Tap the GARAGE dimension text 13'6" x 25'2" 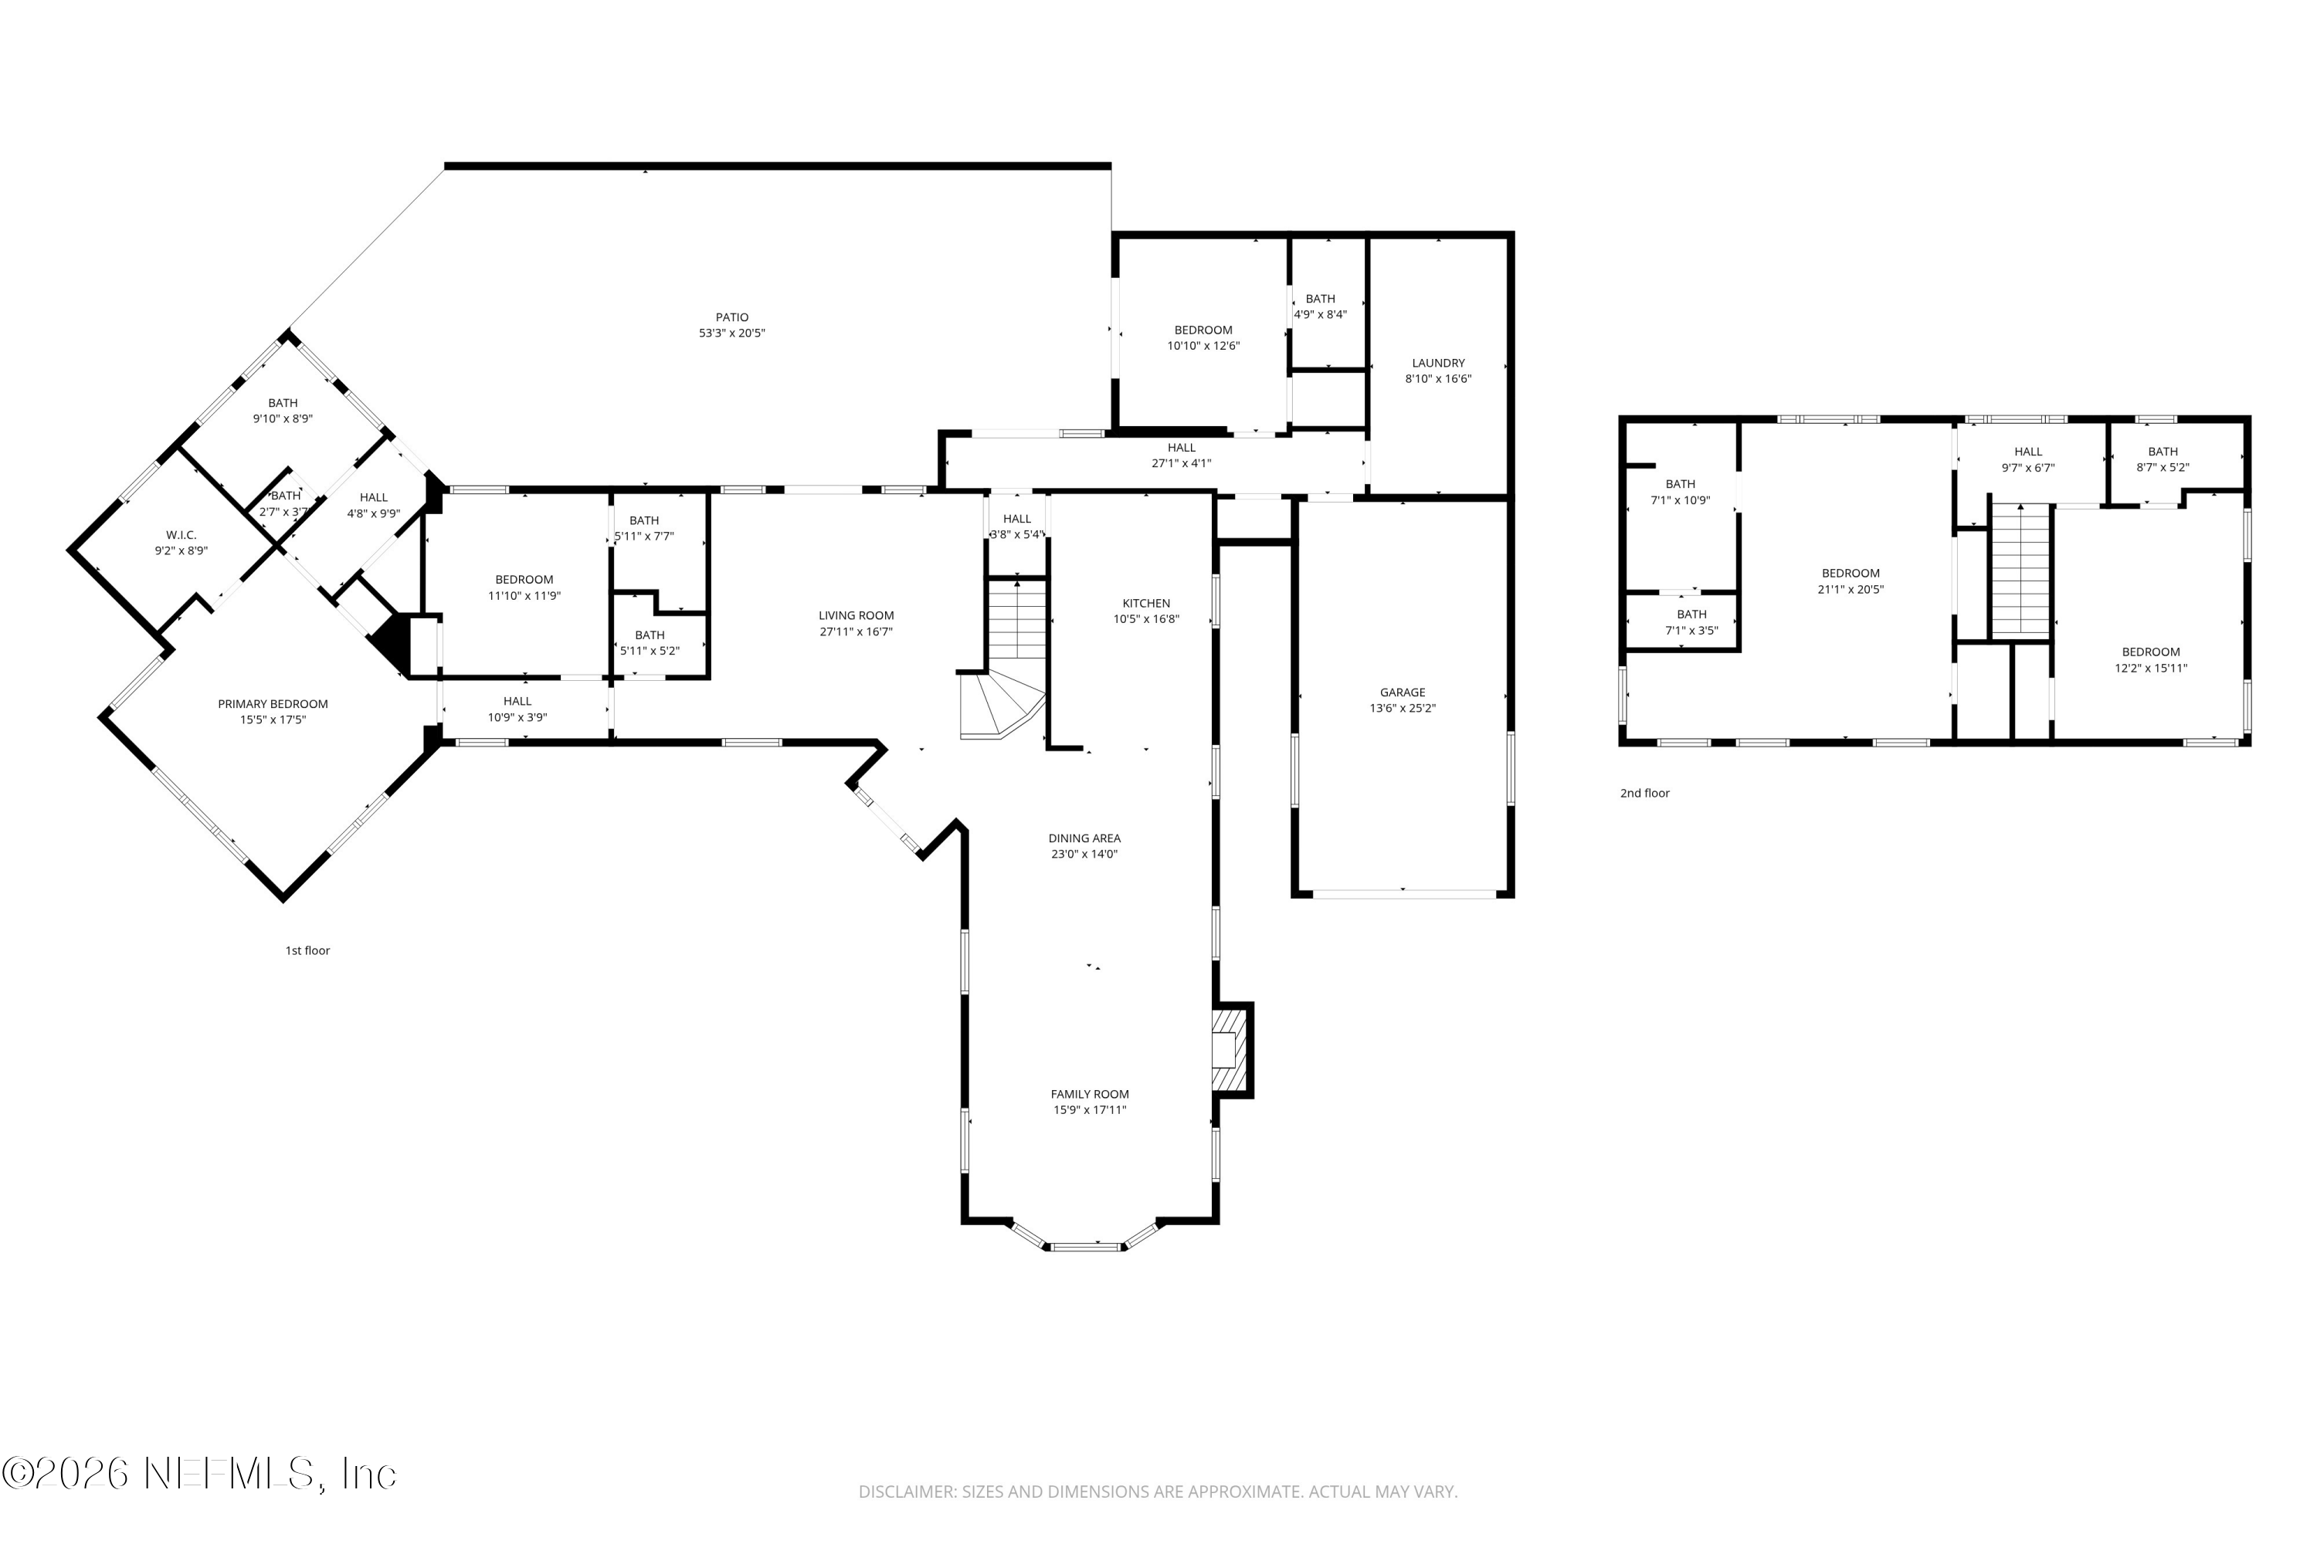pos(1402,708)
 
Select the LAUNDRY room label pos(1437,362)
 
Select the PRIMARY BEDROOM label pos(273,704)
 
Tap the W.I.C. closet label pos(181,535)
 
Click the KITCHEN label pos(1145,603)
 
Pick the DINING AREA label pos(1084,838)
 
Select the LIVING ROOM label pos(856,615)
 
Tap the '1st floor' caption pos(307,950)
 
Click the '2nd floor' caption pos(1644,793)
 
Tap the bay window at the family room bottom pos(1084,1246)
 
